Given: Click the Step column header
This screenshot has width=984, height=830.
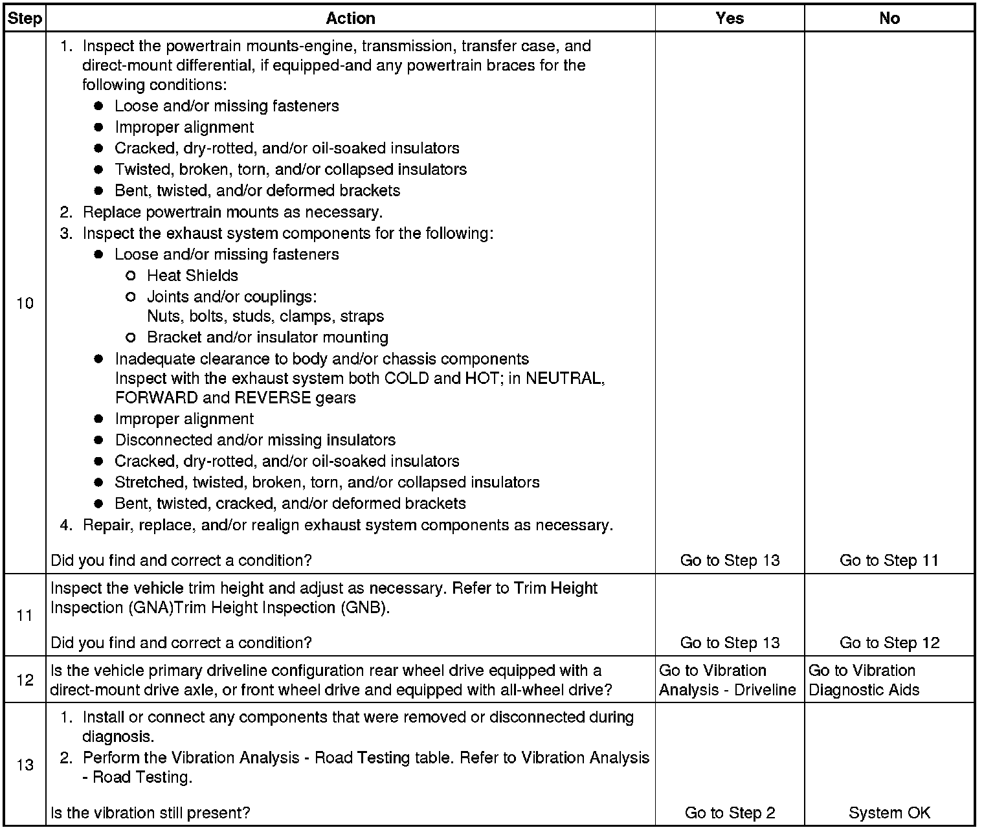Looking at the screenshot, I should [x=25, y=19].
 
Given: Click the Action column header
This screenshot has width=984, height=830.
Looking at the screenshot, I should [x=350, y=19].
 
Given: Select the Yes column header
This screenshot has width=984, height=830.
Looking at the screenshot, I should [x=730, y=19].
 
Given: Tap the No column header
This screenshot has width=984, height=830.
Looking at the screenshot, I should [x=889, y=19].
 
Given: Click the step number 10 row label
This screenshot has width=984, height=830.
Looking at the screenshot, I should [x=25, y=304].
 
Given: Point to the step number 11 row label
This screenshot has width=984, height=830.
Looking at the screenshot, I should [x=25, y=615].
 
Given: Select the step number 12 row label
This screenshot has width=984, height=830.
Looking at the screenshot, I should [x=25, y=680].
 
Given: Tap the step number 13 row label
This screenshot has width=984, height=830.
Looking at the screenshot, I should [x=25, y=765].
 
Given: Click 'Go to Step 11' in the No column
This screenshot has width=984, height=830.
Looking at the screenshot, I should [x=889, y=561].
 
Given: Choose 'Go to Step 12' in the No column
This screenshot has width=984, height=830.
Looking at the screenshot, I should [x=889, y=643].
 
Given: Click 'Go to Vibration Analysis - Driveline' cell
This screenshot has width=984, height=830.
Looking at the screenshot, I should [x=727, y=680].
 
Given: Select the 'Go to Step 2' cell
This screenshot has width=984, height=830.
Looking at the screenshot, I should [x=730, y=813].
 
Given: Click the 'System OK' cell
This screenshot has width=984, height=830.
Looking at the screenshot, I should [x=889, y=813].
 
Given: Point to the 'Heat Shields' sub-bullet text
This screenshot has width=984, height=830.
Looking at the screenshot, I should [x=192, y=276].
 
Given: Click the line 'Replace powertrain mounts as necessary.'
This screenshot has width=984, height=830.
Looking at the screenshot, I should [x=232, y=212].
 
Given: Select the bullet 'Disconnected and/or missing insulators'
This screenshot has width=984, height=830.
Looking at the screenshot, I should [x=255, y=440].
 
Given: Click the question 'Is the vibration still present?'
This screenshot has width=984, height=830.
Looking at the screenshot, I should [x=150, y=813].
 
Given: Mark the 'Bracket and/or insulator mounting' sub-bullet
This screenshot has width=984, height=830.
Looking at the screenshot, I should [x=267, y=337].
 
